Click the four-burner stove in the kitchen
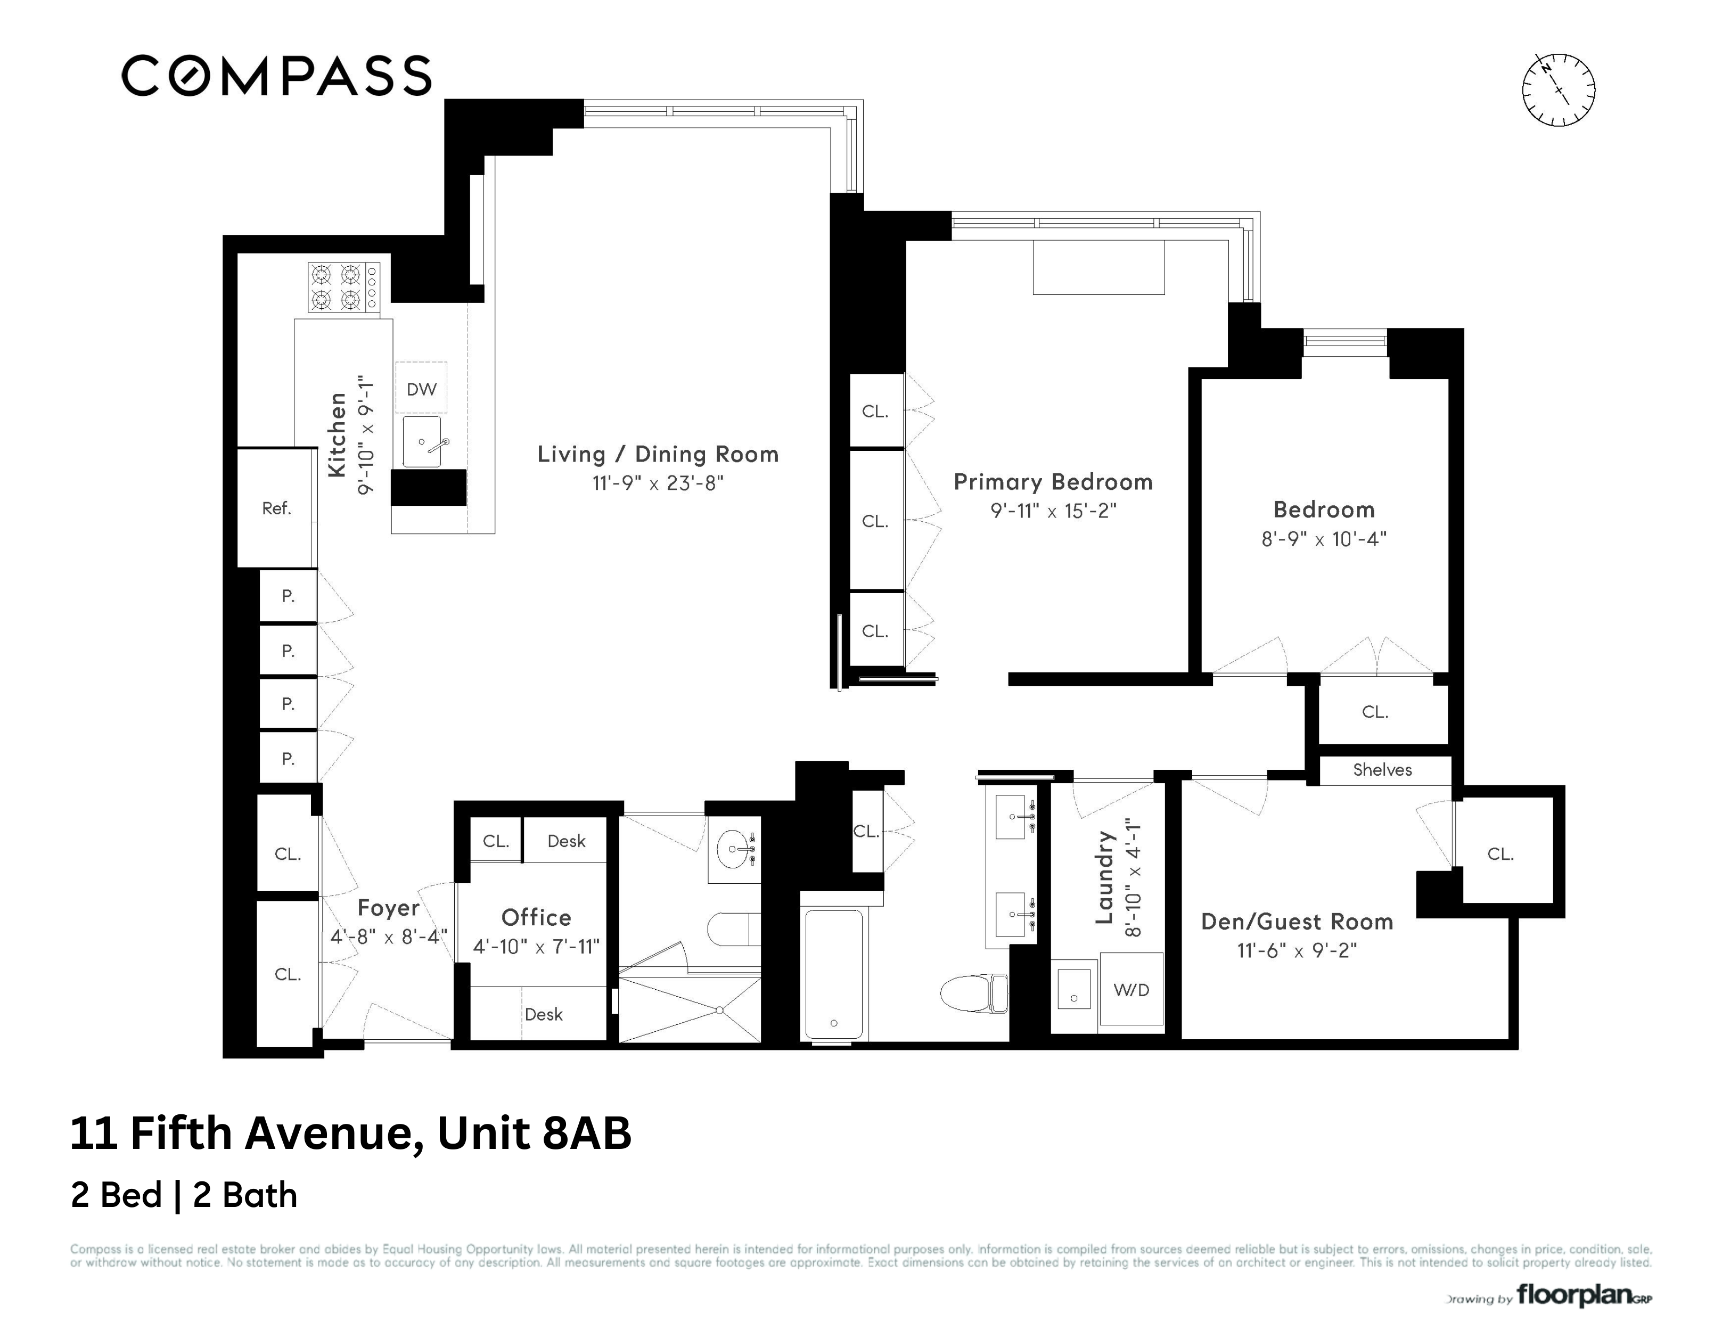(343, 288)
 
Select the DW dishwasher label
(421, 389)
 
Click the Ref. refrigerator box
(276, 508)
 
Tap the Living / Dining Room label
(658, 454)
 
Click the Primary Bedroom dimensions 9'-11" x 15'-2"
(1053, 511)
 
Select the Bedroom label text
(1324, 510)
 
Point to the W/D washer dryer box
(1130, 990)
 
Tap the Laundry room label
(1105, 877)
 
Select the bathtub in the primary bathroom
(833, 975)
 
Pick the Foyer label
(388, 908)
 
